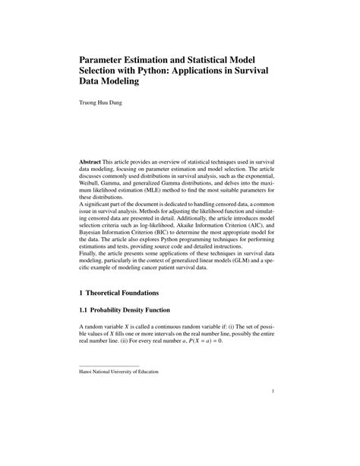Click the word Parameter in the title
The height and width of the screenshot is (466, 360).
click(108, 59)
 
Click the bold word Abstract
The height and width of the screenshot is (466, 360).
click(94, 164)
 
